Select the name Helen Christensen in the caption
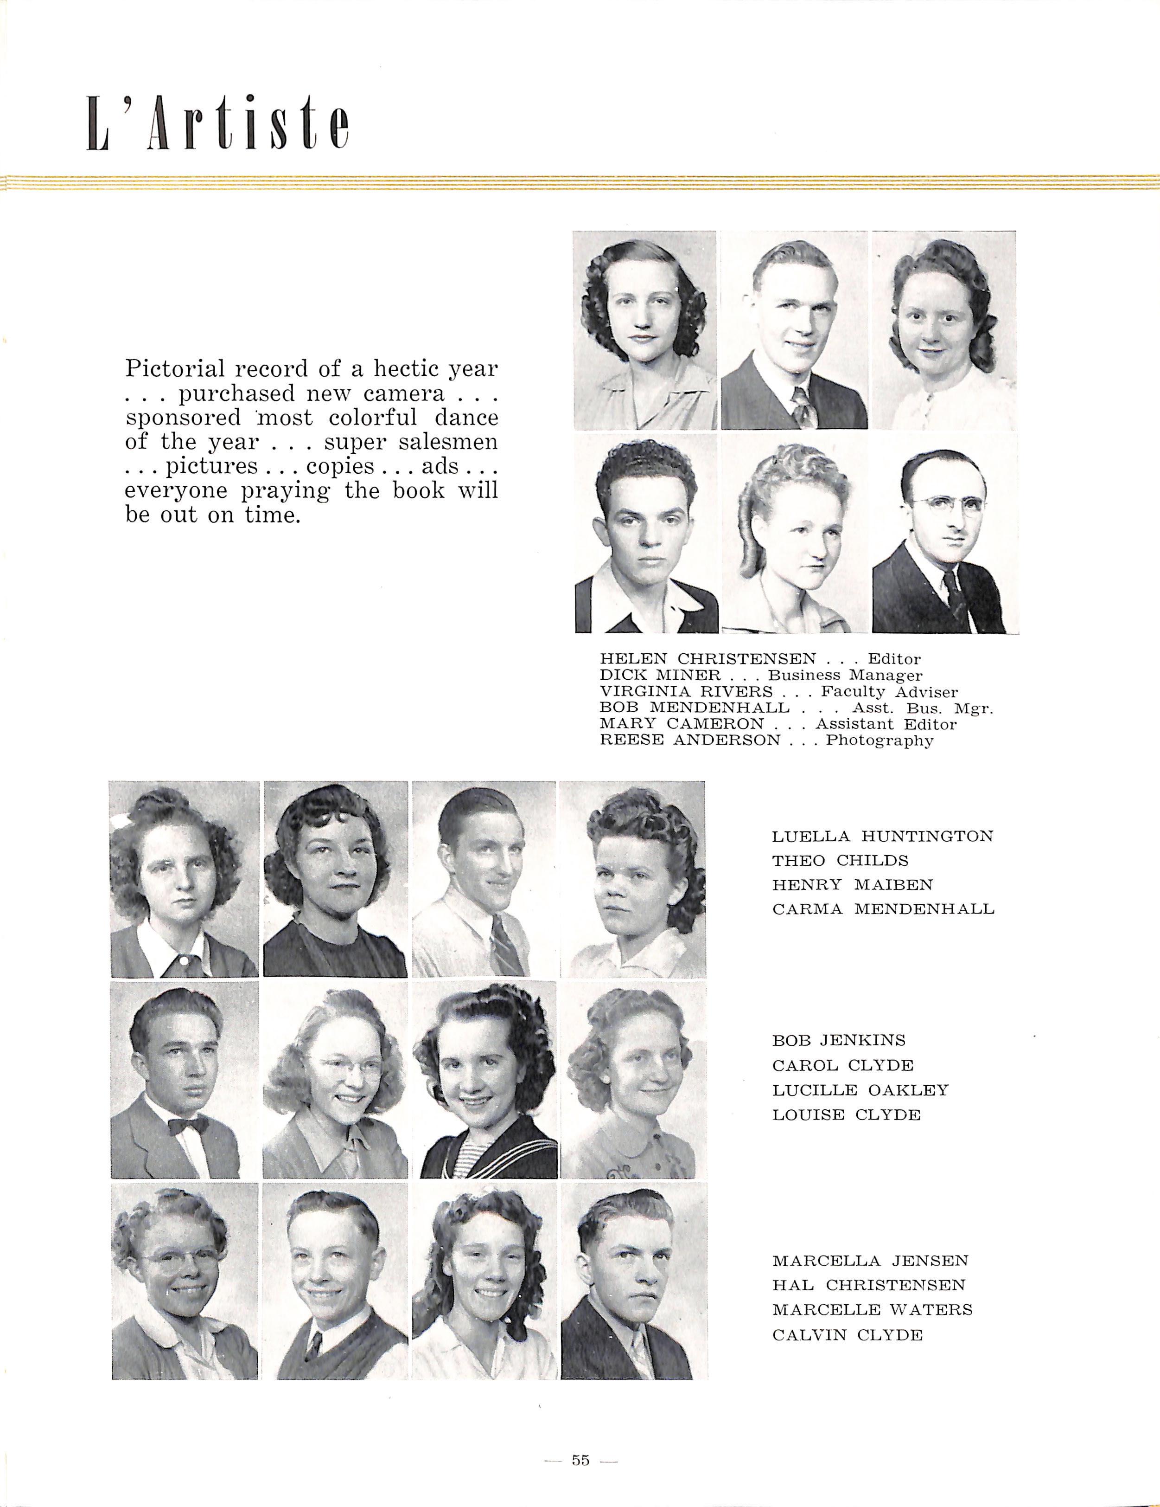[x=707, y=659]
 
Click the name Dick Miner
[x=660, y=676]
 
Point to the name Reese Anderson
[x=690, y=741]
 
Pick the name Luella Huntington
[x=882, y=836]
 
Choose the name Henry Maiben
[x=853, y=885]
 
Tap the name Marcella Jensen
[x=870, y=1261]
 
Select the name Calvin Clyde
[x=847, y=1335]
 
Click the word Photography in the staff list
[x=880, y=741]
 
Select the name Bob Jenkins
[x=839, y=1041]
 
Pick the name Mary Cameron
[x=682, y=724]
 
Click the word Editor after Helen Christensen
[x=894, y=659]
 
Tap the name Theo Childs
[x=840, y=861]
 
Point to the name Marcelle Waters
[x=872, y=1310]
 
